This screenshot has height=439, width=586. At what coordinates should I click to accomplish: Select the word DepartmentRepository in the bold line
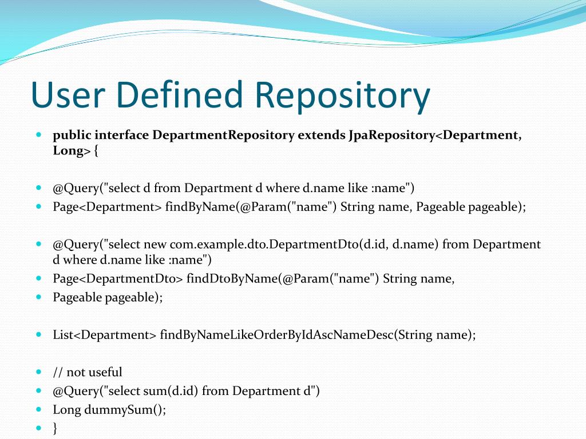224,135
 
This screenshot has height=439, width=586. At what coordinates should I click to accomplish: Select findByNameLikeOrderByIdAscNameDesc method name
276,335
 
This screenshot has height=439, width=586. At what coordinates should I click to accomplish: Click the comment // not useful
87,372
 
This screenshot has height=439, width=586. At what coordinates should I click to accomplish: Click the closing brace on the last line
56,428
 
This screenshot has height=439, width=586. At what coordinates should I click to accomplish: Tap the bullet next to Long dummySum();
39,409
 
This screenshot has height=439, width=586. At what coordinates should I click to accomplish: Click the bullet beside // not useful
39,372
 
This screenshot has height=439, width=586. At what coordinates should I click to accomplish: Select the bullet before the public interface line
39,135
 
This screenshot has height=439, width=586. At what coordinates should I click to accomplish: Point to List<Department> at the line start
104,335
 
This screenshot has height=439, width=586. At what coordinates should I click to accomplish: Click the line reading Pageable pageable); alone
108,297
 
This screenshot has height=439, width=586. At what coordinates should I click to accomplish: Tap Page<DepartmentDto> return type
118,279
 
